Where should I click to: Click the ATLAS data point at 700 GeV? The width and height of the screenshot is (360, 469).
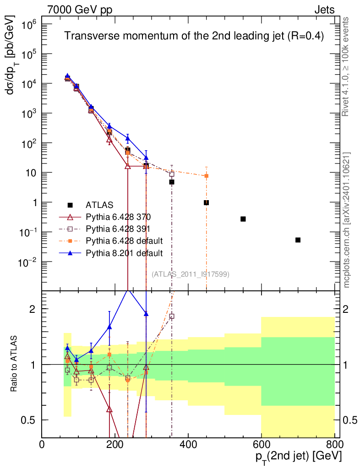(x=298, y=240)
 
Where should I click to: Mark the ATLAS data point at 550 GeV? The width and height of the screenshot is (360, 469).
(x=243, y=219)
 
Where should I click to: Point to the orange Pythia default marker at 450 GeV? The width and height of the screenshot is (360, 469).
(x=207, y=176)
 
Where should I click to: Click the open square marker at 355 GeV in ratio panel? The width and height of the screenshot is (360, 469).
(x=172, y=316)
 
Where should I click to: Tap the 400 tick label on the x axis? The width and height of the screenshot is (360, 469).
(x=188, y=444)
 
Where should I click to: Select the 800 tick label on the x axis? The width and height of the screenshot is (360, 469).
(x=334, y=444)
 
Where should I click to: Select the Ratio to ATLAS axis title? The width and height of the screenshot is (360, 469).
(x=14, y=365)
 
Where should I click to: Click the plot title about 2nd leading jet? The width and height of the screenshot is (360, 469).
(x=194, y=37)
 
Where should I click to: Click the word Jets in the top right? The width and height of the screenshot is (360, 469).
(x=324, y=9)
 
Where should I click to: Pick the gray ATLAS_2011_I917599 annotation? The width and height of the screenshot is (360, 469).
(x=191, y=274)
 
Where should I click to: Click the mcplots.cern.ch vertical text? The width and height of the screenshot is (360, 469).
(x=347, y=220)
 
